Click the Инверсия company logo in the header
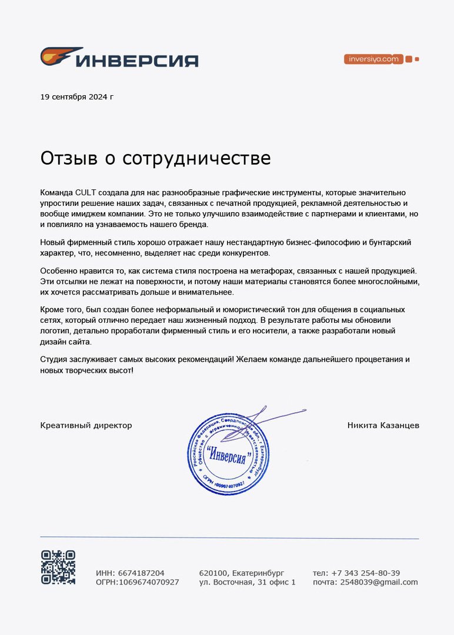[x=119, y=58]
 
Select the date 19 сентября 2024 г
[x=76, y=96]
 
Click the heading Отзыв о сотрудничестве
[x=155, y=158]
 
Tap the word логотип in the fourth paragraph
[x=55, y=331]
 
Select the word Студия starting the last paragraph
[x=55, y=359]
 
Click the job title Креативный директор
[x=86, y=425]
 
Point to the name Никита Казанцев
[x=383, y=425]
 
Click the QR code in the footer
[x=58, y=567]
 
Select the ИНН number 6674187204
[x=141, y=573]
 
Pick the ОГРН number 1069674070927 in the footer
[x=149, y=582]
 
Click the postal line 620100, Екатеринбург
[x=242, y=573]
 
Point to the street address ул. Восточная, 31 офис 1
[x=247, y=582]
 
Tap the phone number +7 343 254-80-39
[x=365, y=573]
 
